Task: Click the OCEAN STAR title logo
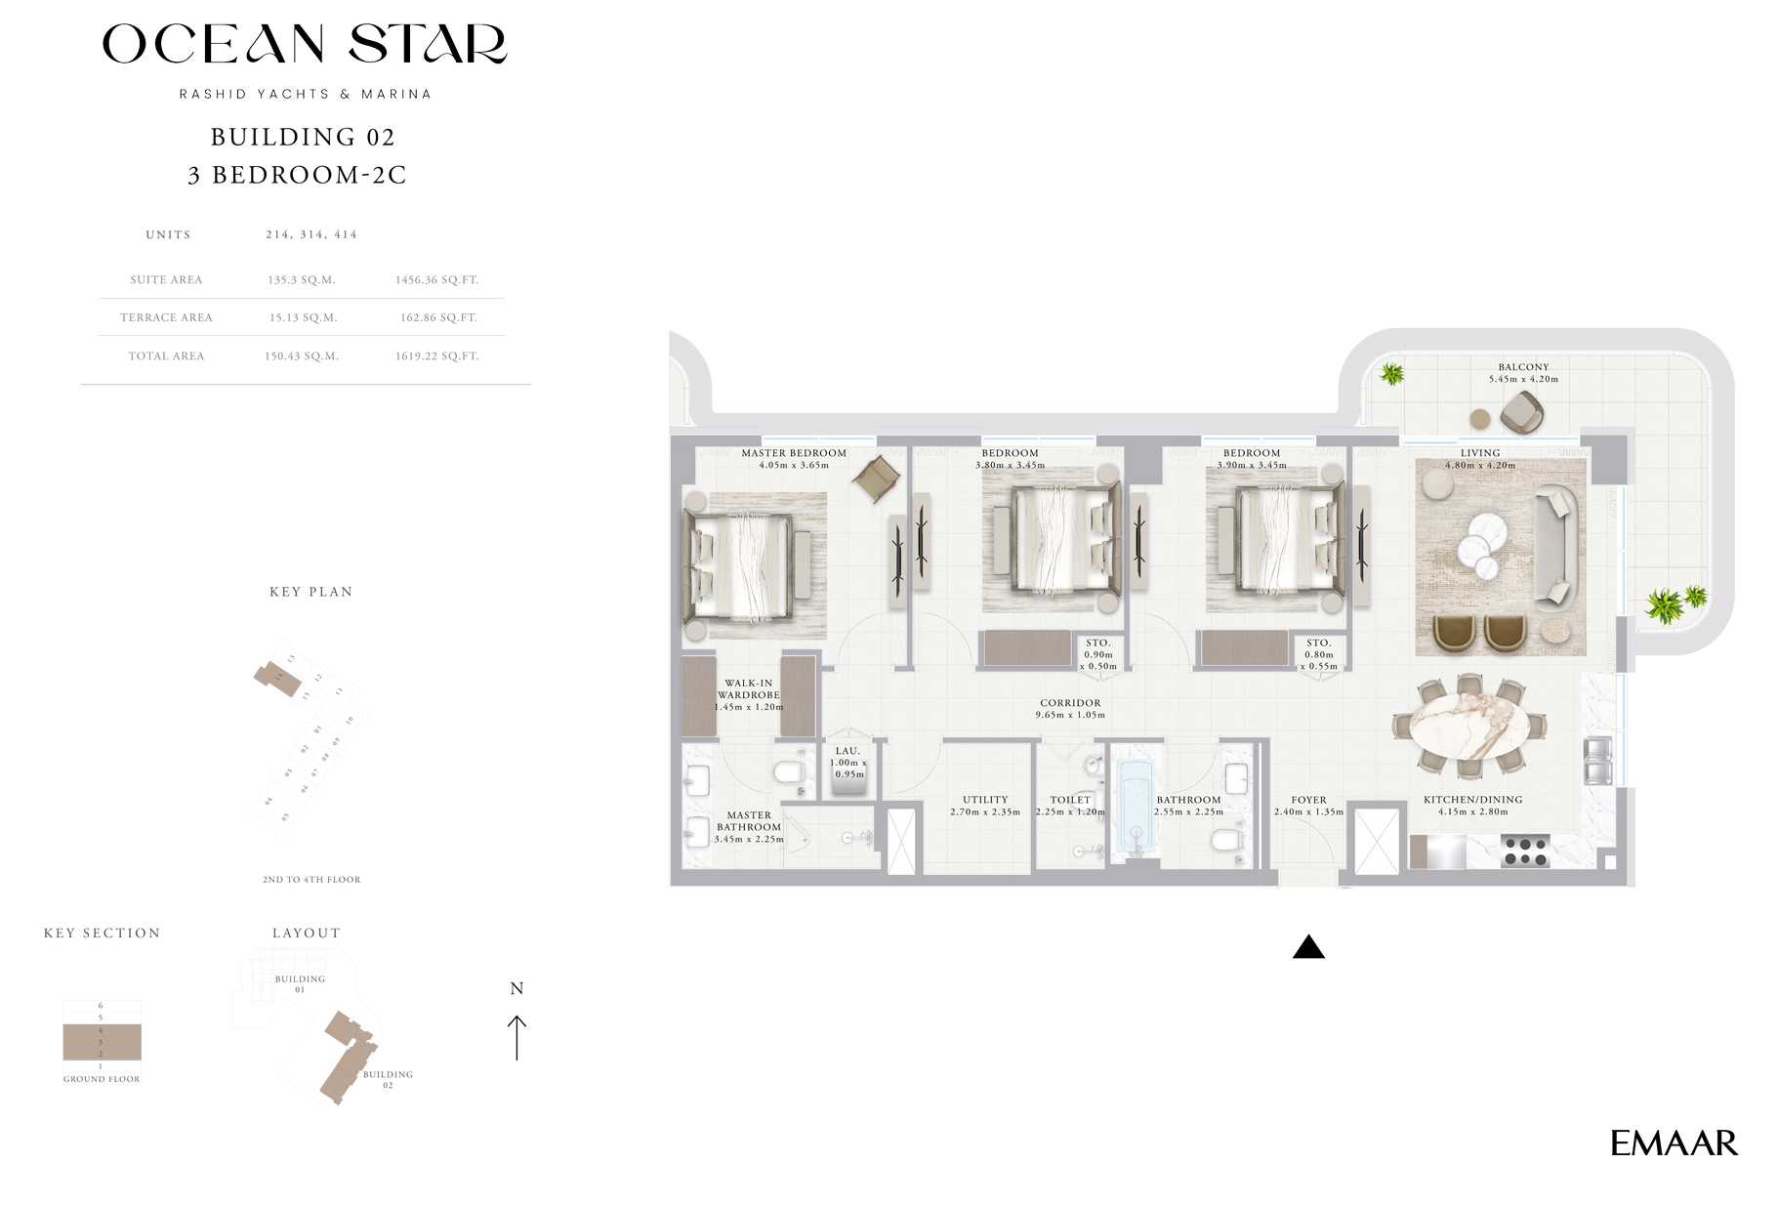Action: pyautogui.click(x=305, y=44)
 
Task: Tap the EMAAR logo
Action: pyautogui.click(x=1674, y=1144)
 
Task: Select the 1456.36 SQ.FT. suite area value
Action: pyautogui.click(x=436, y=280)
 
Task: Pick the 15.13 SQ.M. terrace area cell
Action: pyautogui.click(x=302, y=317)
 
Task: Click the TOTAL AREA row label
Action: pyautogui.click(x=166, y=356)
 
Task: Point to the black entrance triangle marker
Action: pyautogui.click(x=1308, y=947)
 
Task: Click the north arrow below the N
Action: pyautogui.click(x=517, y=1037)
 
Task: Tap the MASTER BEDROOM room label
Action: pyautogui.click(x=793, y=453)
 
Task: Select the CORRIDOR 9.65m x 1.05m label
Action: pyautogui.click(x=1070, y=709)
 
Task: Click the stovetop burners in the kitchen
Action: pyautogui.click(x=1525, y=852)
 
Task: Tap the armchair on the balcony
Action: pyautogui.click(x=1520, y=412)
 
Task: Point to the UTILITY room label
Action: pyautogui.click(x=984, y=800)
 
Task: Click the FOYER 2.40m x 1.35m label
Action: pyautogui.click(x=1308, y=806)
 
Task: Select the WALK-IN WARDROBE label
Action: pyautogui.click(x=748, y=689)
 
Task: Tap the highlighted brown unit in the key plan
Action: pyautogui.click(x=277, y=678)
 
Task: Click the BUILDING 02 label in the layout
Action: pyautogui.click(x=388, y=1079)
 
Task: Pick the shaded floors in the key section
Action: pyautogui.click(x=102, y=1042)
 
